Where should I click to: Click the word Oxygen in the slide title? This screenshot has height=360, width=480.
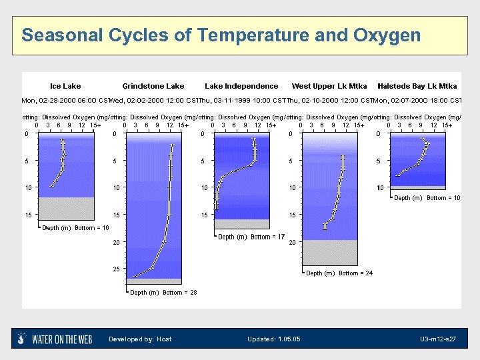(387, 35)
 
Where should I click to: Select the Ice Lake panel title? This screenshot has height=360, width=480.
(65, 86)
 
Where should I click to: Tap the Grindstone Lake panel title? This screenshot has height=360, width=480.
(153, 86)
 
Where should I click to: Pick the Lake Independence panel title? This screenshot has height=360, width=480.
(241, 86)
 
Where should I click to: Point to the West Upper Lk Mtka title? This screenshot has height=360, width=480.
(329, 86)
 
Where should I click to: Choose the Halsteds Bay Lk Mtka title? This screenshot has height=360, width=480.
(417, 86)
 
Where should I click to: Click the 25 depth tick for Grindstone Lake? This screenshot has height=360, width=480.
(116, 269)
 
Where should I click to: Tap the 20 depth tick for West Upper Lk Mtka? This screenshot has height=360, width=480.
(292, 243)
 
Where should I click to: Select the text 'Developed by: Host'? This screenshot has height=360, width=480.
(140, 339)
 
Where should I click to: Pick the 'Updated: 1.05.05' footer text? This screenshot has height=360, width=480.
(273, 339)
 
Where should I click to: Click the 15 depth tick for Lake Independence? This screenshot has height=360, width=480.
(204, 215)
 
